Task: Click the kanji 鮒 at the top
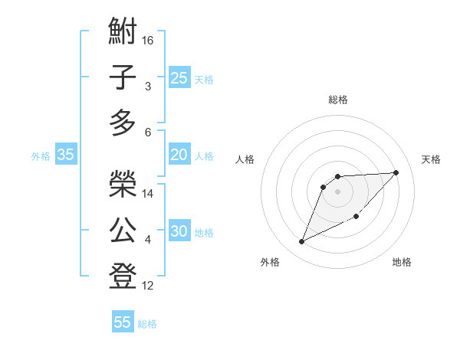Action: tap(123, 32)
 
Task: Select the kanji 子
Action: tap(123, 77)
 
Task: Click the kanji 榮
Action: tap(123, 184)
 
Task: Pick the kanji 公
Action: tap(123, 230)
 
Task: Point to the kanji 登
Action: tap(123, 276)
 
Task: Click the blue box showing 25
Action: tap(179, 77)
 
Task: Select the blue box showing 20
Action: tap(179, 155)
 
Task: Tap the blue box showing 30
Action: tap(179, 231)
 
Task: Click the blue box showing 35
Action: tap(65, 155)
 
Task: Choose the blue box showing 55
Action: tap(123, 322)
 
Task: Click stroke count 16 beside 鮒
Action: tap(149, 39)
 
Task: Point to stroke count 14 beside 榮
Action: tap(149, 194)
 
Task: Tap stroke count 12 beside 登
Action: tap(149, 286)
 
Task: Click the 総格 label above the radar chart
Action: tap(337, 100)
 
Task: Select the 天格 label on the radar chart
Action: tap(431, 159)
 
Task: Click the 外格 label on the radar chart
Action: tap(270, 262)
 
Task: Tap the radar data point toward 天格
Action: tap(396, 172)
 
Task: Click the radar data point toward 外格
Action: tap(302, 242)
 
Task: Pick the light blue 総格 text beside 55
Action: tap(147, 324)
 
